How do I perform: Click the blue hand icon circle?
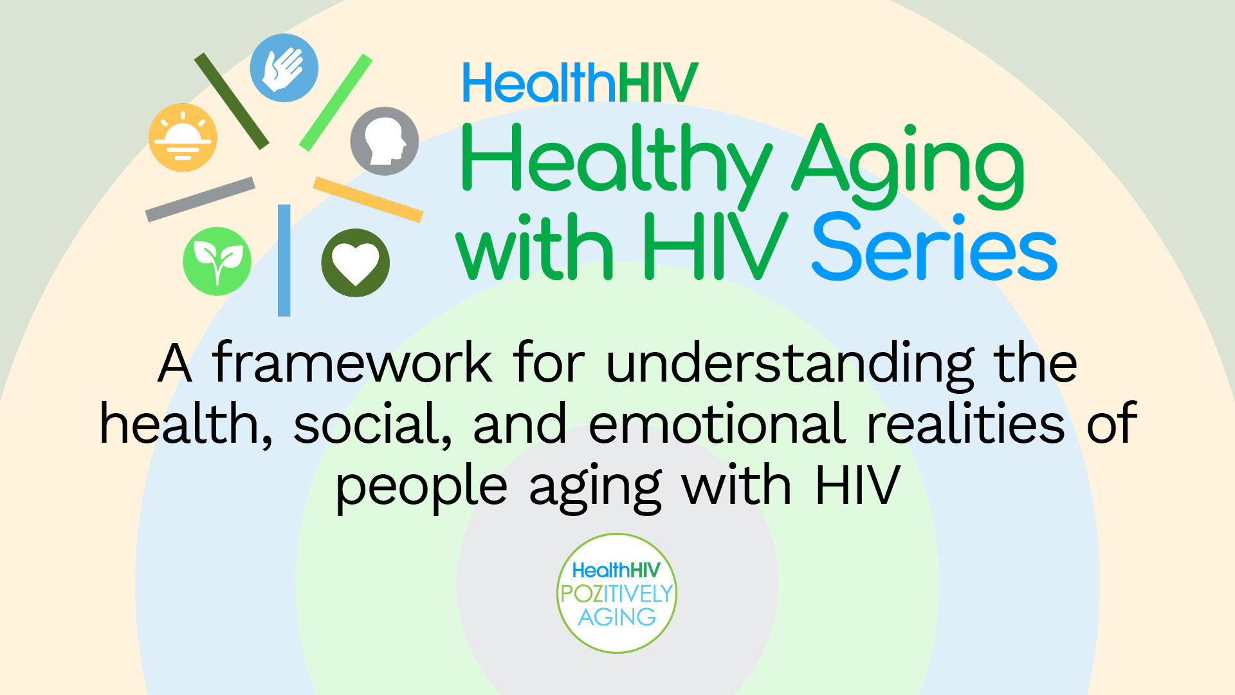coord(284,68)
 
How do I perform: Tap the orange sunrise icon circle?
coord(183,138)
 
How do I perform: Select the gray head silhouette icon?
coord(384,142)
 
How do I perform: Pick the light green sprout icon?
coord(217,261)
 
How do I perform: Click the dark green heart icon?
coord(355,263)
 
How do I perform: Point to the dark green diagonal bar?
coord(232,101)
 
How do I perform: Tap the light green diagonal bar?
coord(336,103)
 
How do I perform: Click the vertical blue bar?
coord(284,260)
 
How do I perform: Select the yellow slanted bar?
coord(368,199)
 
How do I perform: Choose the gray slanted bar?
coord(200,199)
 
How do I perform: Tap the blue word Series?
coord(934,248)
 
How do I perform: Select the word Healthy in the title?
coord(616,161)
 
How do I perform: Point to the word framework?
coord(352,363)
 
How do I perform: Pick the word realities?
coord(965,424)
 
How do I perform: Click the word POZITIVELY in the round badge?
coord(616,593)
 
